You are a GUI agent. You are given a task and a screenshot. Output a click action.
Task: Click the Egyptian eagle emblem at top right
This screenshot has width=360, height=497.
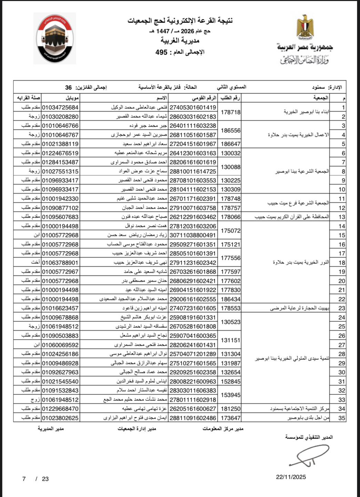(x=305, y=27)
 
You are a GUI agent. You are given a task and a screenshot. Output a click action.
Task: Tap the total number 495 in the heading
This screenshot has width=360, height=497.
(x=161, y=52)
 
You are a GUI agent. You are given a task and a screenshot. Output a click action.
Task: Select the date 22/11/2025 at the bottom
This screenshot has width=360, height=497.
(x=291, y=477)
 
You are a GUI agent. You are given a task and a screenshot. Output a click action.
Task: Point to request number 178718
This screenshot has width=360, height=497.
(x=230, y=112)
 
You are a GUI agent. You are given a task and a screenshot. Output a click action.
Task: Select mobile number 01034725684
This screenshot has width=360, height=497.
(x=60, y=108)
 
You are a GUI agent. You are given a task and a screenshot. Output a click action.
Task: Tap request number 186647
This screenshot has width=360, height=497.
(x=230, y=144)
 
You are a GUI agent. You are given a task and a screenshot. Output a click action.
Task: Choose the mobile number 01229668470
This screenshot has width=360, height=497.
(x=60, y=409)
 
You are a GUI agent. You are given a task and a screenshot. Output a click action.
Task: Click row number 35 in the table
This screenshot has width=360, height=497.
(x=341, y=418)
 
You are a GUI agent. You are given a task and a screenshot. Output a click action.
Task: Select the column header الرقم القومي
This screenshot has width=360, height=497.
(x=204, y=98)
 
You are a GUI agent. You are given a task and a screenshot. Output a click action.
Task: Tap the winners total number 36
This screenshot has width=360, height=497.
(x=68, y=87)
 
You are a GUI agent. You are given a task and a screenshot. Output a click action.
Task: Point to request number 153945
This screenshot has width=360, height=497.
(x=230, y=395)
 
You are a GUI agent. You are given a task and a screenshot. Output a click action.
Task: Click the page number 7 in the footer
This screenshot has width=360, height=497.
(x=24, y=479)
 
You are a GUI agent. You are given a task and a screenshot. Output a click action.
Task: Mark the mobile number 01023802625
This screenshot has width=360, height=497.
(x=60, y=418)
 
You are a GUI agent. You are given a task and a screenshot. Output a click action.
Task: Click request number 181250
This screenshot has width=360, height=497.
(x=230, y=409)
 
